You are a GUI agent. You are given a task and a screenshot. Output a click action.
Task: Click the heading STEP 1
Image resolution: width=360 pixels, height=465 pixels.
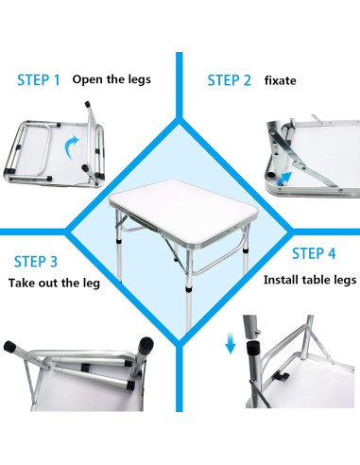click(x=38, y=80)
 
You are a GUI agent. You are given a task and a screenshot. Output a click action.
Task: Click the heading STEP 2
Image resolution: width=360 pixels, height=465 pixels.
click(x=229, y=80)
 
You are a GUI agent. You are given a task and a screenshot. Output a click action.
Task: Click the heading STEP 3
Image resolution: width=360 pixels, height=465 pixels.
click(x=35, y=262)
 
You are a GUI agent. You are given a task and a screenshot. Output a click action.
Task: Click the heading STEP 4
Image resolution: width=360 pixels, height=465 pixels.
click(x=314, y=253)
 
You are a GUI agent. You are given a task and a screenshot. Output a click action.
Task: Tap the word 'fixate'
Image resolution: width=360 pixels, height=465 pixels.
click(x=281, y=80)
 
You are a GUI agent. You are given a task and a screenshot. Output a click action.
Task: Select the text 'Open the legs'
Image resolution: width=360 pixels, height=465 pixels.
click(x=111, y=79)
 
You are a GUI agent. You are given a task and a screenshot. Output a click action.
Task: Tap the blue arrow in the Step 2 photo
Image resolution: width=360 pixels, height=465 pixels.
click(x=301, y=171)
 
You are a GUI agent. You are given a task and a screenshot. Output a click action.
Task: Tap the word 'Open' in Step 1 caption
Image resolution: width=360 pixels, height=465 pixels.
click(x=86, y=79)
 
